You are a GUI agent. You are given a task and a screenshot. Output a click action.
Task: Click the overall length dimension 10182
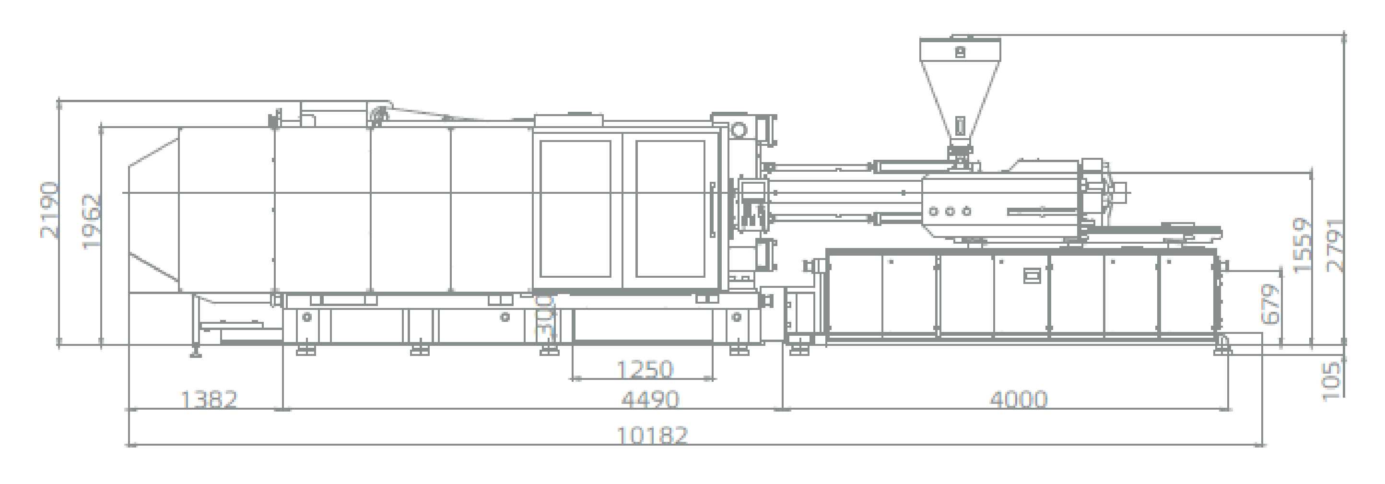pyautogui.click(x=652, y=435)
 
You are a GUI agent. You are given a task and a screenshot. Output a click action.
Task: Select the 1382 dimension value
pyautogui.click(x=209, y=400)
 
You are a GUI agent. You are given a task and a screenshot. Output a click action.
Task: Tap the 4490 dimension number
pyautogui.click(x=650, y=400)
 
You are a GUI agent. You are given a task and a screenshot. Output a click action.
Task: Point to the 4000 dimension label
pyautogui.click(x=1018, y=400)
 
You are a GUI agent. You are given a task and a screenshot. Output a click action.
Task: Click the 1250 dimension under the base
pyautogui.click(x=644, y=369)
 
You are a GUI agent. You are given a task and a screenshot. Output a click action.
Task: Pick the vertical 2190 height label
pyautogui.click(x=50, y=210)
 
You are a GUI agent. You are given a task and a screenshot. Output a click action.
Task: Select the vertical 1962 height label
pyautogui.click(x=92, y=222)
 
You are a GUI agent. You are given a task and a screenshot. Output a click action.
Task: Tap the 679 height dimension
pyautogui.click(x=1270, y=305)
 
